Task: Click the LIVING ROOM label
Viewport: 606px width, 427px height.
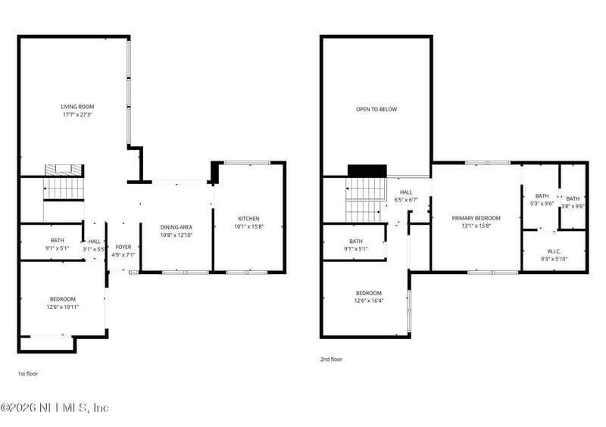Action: click(77, 107)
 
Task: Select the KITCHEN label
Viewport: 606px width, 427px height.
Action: click(248, 219)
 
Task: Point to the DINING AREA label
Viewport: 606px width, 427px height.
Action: click(176, 227)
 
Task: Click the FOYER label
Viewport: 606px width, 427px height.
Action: click(123, 247)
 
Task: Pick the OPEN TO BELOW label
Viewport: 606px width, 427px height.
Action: click(376, 109)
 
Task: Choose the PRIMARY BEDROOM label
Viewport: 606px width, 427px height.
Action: click(476, 218)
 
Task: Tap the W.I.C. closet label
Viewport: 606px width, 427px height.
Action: click(554, 251)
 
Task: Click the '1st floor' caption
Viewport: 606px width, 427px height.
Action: click(28, 373)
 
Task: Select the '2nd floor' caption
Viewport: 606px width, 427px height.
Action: click(332, 360)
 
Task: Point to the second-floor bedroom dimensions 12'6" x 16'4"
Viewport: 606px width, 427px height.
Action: click(369, 301)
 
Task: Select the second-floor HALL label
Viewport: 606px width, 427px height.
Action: click(406, 192)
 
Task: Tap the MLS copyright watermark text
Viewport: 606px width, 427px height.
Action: click(55, 408)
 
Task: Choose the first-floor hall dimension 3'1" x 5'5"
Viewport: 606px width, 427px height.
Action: click(94, 248)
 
